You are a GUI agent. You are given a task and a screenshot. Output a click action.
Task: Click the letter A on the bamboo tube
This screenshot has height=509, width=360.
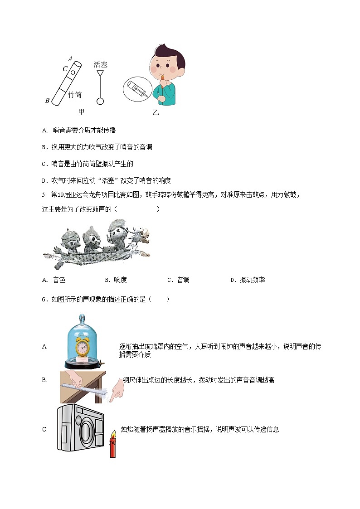tap(70, 58)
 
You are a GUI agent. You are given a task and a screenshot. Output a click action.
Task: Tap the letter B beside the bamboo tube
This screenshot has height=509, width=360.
tap(47, 101)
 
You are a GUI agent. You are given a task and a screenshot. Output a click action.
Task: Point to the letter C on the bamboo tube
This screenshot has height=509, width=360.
tap(65, 69)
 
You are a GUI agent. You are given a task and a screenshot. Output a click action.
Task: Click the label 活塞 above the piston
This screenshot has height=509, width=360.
tap(101, 65)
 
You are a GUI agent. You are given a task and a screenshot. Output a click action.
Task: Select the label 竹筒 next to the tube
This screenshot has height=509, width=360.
tap(75, 95)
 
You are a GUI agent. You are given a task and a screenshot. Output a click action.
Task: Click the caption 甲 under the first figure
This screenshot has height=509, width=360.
tap(82, 111)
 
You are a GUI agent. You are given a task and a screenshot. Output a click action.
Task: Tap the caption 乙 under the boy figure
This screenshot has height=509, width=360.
tap(156, 113)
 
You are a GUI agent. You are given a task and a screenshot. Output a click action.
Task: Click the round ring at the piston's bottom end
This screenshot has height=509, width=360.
tap(100, 102)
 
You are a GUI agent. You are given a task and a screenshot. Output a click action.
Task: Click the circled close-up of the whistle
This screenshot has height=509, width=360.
tap(137, 88)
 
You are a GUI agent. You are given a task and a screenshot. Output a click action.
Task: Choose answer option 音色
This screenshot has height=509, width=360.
tap(59, 280)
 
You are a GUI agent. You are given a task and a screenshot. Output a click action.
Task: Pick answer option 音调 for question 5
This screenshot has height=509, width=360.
tap(183, 280)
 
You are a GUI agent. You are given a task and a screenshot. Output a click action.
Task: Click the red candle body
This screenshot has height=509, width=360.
tap(113, 449)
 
